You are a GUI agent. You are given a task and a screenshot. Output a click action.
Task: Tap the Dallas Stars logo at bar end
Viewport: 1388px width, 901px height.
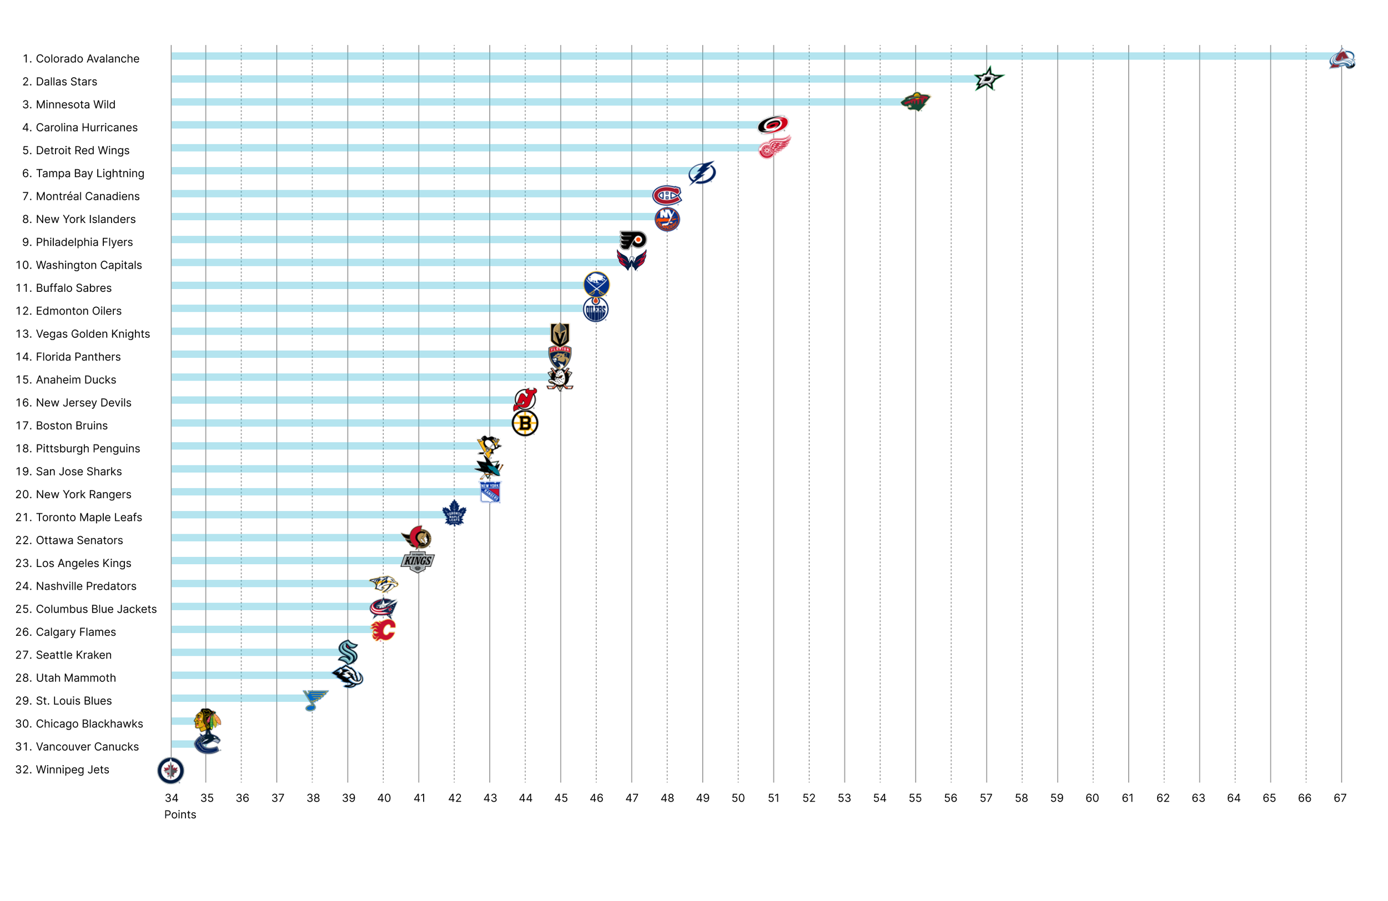[987, 79]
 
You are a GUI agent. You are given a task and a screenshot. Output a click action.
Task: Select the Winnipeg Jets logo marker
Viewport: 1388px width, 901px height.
[171, 771]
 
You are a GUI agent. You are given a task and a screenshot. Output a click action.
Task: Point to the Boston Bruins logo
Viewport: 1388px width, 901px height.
[525, 424]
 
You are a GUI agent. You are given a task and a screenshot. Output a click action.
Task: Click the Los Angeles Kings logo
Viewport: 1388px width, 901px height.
[418, 561]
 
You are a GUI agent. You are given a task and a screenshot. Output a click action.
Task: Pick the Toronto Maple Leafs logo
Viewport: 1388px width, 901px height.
[454, 514]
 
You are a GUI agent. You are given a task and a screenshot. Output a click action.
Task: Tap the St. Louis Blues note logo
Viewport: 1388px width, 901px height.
[314, 700]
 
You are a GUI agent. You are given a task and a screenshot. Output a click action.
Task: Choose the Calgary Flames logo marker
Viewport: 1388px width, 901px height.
[383, 630]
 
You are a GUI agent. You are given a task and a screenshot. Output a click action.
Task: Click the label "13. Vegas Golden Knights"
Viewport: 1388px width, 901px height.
[83, 334]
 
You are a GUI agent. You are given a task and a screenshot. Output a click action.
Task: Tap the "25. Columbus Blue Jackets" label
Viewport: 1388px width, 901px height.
[86, 609]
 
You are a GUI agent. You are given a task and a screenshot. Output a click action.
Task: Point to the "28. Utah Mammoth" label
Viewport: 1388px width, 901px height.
[66, 678]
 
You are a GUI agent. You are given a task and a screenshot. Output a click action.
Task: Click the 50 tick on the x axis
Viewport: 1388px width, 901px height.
[738, 798]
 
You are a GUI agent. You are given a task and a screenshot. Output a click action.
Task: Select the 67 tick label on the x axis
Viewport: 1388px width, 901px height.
[1340, 798]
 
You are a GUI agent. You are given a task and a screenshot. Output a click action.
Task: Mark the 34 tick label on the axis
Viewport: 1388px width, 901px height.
[172, 798]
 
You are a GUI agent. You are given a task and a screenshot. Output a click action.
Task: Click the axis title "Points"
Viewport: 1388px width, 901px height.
[180, 815]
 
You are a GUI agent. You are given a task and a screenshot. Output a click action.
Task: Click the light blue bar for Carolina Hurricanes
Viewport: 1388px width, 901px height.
[466, 125]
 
